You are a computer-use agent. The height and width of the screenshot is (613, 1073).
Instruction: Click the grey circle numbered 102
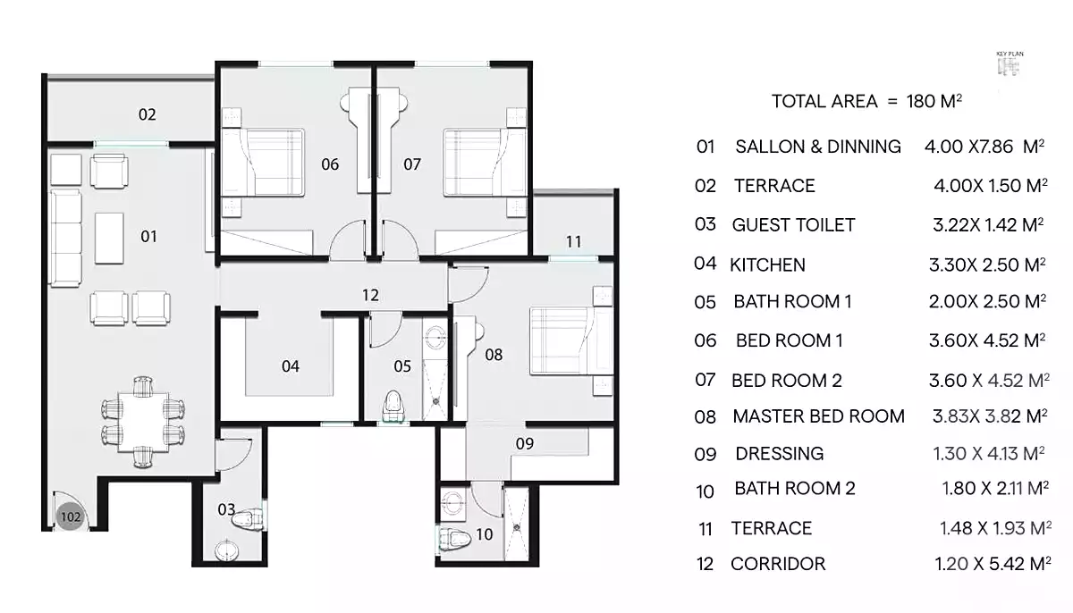pos(71,516)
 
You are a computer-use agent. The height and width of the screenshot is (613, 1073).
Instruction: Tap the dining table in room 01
pos(143,422)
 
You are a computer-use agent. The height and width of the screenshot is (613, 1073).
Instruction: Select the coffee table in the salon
pos(109,239)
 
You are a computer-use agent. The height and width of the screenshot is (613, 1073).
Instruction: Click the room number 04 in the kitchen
pos(291,366)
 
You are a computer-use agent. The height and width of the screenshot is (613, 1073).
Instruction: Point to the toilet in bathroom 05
pos(393,407)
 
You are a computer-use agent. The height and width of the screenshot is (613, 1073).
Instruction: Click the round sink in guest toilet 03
pos(226,550)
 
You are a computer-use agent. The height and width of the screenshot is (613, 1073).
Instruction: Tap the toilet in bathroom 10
pos(452,538)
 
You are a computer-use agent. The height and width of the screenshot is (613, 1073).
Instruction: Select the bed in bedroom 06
pos(263,163)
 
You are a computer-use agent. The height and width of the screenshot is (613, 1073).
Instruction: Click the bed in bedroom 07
pos(485,163)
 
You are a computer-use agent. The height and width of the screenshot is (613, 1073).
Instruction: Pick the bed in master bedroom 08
pos(571,340)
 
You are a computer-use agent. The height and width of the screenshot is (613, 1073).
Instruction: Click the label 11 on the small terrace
pos(573,241)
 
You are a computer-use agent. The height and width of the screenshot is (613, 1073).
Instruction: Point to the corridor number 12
pos(370,295)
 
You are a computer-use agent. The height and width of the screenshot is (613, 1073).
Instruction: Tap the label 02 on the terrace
pos(147,114)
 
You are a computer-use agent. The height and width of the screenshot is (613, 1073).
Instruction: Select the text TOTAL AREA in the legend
pos(824,102)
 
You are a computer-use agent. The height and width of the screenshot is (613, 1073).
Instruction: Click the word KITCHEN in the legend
pos(767,265)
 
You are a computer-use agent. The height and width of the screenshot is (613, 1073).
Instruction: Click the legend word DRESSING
pos(780,454)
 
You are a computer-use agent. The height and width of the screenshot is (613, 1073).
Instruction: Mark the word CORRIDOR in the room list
pos(778,564)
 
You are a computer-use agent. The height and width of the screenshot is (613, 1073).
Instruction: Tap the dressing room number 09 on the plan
pos(525,443)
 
